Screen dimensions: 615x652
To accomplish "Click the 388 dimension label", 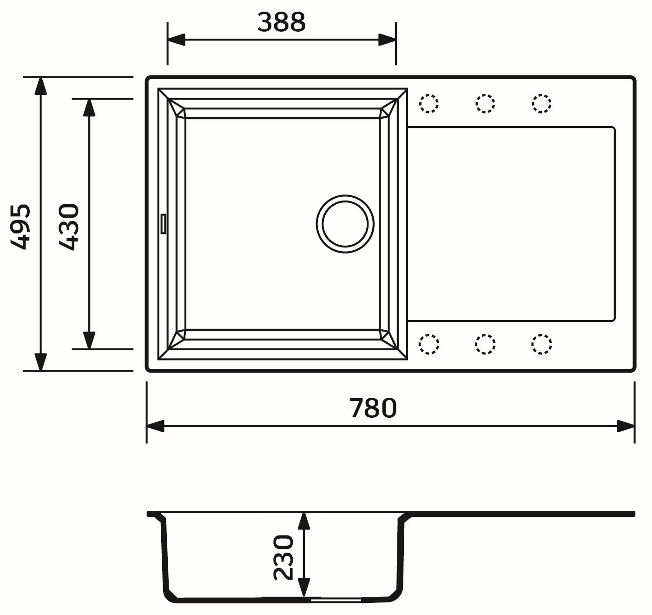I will coord(281,22).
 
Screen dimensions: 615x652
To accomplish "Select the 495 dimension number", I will coord(21,226).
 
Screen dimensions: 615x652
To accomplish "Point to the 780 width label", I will coord(373,408).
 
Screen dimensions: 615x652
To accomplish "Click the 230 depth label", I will coord(284,557).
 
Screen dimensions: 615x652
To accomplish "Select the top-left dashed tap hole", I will coord(428,103).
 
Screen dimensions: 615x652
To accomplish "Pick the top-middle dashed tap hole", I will coord(485,103).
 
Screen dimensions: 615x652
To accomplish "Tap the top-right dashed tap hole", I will coord(541,103).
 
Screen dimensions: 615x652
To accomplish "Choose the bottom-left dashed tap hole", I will coord(428,344).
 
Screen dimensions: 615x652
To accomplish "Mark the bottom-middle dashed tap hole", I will coord(485,344).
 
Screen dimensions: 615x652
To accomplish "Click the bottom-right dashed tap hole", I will coord(541,344).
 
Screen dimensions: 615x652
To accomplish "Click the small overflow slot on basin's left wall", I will coord(163,223).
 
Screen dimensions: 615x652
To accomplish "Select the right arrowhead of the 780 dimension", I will coord(626,426).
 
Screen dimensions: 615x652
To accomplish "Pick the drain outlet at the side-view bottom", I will coord(335,600).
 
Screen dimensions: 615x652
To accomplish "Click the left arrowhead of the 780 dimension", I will coord(156,426).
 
